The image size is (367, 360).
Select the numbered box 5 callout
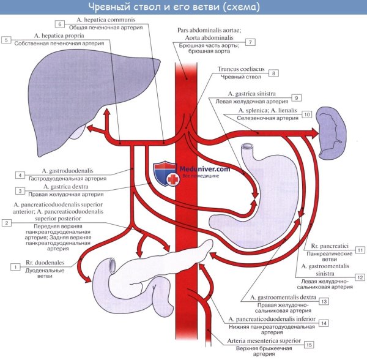pyautogui.click(x=7, y=40)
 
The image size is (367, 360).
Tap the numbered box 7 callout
pyautogui.click(x=250, y=42)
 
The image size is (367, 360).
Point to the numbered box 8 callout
pyautogui.click(x=275, y=73)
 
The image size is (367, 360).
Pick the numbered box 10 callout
pyautogui.click(x=306, y=114)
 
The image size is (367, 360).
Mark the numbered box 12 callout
pyautogui.click(x=361, y=277)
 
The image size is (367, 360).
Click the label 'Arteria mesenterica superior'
pyautogui.click(x=264, y=340)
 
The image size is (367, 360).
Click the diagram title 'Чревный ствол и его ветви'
pyautogui.click(x=183, y=7)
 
